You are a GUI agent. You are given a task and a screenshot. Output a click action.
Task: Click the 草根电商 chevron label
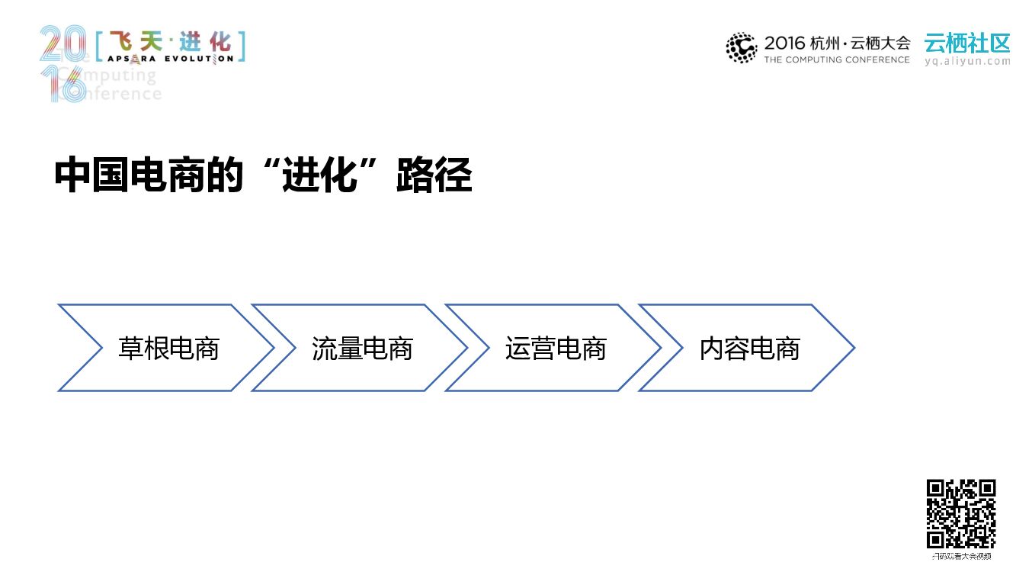pos(168,349)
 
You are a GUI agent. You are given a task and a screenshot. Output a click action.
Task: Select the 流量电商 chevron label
pos(362,349)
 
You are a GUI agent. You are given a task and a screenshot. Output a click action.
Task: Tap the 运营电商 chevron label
pos(556,349)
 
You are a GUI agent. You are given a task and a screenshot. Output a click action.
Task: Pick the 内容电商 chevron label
pos(749,349)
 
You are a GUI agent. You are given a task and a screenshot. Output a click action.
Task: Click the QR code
pos(961,513)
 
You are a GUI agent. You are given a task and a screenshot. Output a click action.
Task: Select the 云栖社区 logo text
pos(967,42)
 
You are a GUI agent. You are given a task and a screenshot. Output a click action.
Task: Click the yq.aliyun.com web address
pos(967,62)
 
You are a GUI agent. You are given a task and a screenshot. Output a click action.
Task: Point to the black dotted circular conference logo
pos(741,47)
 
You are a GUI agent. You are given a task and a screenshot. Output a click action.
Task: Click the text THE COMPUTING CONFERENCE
pos(837,59)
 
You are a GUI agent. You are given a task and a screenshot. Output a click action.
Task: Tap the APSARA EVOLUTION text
pos(170,58)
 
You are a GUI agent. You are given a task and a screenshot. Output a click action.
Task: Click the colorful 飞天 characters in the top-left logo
pos(130,40)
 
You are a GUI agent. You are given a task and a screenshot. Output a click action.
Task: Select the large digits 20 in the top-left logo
pos(62,44)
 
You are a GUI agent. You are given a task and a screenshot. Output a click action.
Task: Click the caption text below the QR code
pos(961,557)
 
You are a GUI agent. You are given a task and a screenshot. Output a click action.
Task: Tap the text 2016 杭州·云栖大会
pos(837,43)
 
